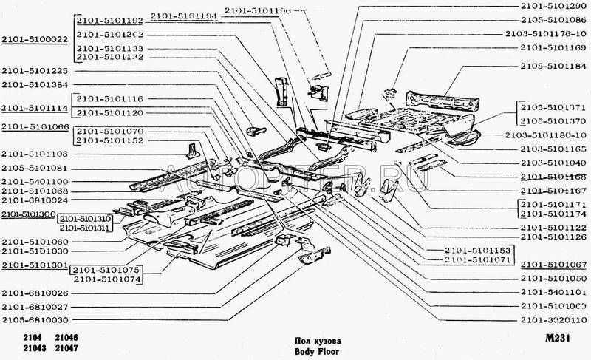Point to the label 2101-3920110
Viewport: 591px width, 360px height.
[553, 319]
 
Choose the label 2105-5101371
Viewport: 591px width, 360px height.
[553, 106]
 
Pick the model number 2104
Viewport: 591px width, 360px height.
[23, 339]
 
